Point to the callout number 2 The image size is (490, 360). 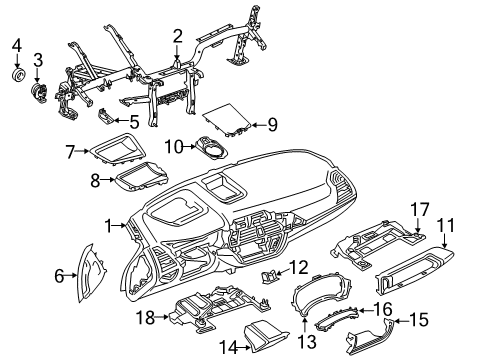(x=177, y=38)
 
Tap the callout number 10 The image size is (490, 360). (x=171, y=147)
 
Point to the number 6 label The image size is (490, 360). (x=58, y=274)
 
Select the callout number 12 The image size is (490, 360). (x=300, y=266)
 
